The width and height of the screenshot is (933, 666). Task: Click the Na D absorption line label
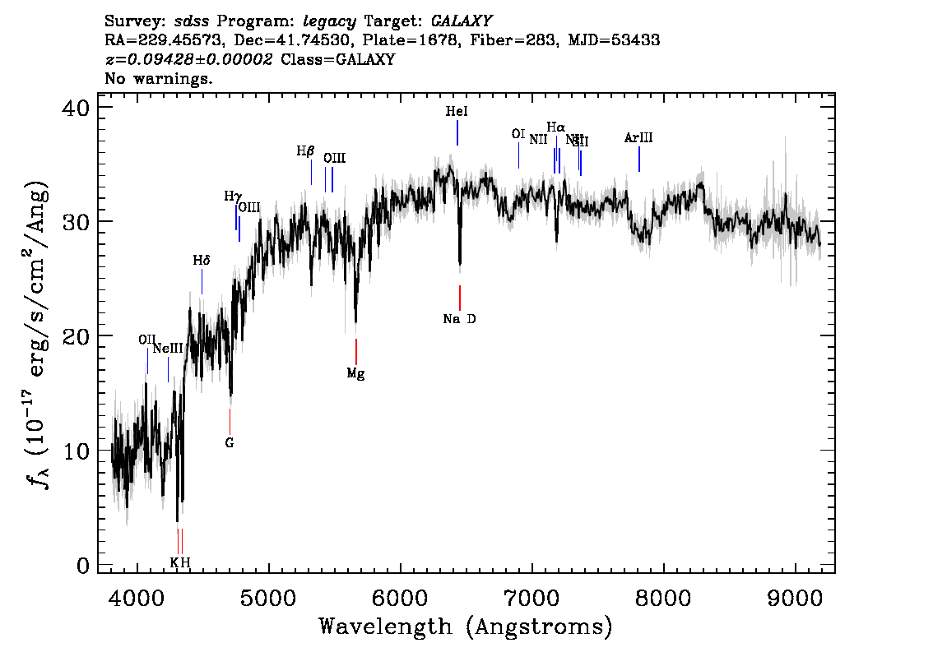click(x=459, y=319)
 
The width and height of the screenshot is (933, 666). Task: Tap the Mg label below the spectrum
click(x=355, y=373)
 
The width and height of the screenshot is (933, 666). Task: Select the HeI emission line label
click(x=457, y=111)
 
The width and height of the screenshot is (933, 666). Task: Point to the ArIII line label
click(x=638, y=138)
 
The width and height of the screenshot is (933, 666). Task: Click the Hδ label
click(x=202, y=260)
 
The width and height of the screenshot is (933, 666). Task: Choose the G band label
click(x=230, y=442)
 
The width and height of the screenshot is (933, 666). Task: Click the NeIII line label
click(x=168, y=349)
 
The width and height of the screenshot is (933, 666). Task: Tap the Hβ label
click(x=305, y=151)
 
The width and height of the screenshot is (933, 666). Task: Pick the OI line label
click(x=518, y=134)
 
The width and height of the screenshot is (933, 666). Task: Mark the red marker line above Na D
click(x=459, y=297)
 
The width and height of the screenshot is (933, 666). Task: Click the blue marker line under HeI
click(x=457, y=132)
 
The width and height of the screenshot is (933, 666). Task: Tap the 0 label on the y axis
click(x=83, y=566)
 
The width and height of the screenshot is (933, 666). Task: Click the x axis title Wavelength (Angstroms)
click(x=466, y=627)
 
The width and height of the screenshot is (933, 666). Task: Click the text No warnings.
click(x=159, y=79)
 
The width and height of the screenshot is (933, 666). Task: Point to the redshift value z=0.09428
click(x=188, y=60)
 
